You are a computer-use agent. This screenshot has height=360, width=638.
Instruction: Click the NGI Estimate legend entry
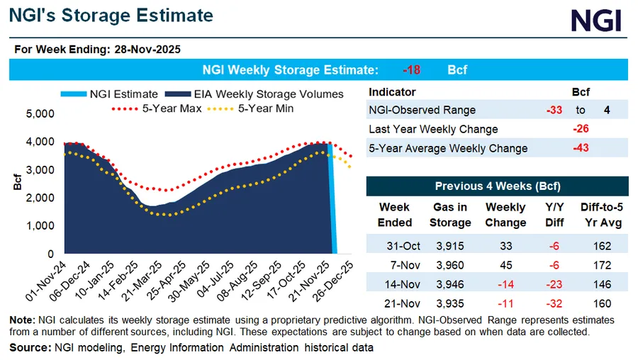tap(120, 94)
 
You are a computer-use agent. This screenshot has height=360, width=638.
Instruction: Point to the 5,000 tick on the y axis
tap(40, 113)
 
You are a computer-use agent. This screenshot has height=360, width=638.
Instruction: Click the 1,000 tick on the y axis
tap(40, 225)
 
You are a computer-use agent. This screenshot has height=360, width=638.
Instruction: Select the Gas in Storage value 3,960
tap(450, 265)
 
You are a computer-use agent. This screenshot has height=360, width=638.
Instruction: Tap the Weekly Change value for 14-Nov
tap(505, 283)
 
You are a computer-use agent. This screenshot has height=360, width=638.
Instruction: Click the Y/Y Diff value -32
tap(556, 303)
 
